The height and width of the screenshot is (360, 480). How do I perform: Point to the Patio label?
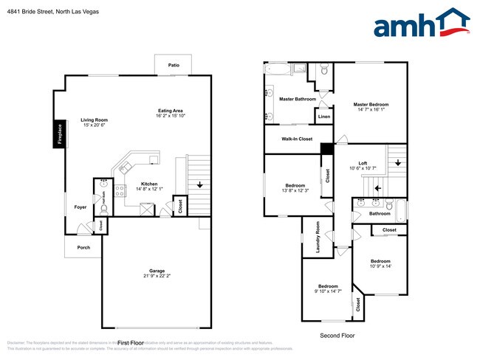[174, 66]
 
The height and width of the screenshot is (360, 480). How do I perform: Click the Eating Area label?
[170, 111]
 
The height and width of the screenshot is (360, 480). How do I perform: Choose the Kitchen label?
[149, 184]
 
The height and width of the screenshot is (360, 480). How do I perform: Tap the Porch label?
[83, 247]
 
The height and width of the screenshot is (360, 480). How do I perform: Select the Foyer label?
[80, 207]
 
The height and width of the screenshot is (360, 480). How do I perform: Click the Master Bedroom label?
[370, 105]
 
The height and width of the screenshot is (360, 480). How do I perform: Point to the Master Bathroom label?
[297, 99]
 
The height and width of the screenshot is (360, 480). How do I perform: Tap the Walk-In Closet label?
[297, 139]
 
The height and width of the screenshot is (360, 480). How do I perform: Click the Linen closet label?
[323, 117]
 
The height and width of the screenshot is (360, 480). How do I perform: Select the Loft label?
[363, 163]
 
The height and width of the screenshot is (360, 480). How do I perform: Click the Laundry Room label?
[318, 238]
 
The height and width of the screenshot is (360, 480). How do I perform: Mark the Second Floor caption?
[337, 335]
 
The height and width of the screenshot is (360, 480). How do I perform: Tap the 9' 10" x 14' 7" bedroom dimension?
[328, 291]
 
